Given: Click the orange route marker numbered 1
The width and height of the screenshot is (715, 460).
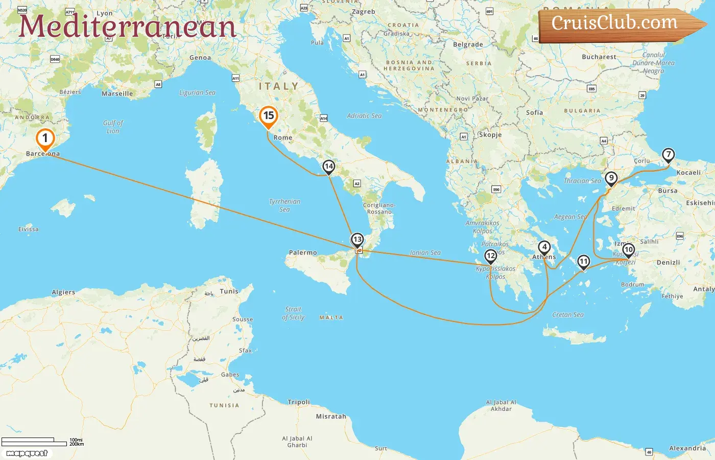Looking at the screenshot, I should click(45, 139).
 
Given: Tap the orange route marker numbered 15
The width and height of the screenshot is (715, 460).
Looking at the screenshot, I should click(268, 116).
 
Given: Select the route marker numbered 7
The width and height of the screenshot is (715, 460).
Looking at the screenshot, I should click(668, 155).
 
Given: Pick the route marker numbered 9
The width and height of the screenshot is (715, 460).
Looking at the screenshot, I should click(611, 178).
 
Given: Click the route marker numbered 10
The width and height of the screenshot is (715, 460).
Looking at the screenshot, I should click(628, 250).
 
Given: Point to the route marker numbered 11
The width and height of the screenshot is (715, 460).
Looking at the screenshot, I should click(583, 262).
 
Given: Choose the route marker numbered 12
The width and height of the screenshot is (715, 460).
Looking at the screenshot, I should click(490, 256).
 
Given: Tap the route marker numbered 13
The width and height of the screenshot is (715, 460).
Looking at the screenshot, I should click(357, 240).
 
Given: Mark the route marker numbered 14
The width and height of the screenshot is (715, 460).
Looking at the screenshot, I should click(328, 167).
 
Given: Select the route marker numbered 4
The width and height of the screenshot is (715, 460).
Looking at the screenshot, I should click(544, 248).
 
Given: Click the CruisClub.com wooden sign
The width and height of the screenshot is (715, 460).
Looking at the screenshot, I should click(618, 24).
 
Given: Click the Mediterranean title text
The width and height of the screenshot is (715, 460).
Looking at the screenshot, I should click(127, 26).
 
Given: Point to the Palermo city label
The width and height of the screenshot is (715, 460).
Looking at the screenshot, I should click(303, 252).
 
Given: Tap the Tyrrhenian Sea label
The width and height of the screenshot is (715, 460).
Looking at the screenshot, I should click(284, 205).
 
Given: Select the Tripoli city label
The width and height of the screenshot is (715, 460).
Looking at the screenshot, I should click(299, 402).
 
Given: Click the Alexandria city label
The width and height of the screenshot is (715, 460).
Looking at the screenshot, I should click(687, 448).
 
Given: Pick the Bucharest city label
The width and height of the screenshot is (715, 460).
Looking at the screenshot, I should click(599, 57).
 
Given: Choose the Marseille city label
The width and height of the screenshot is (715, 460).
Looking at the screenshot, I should click(117, 94).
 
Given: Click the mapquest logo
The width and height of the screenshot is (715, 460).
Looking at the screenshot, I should click(27, 453).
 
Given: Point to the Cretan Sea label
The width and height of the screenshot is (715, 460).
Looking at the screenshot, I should click(568, 315).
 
